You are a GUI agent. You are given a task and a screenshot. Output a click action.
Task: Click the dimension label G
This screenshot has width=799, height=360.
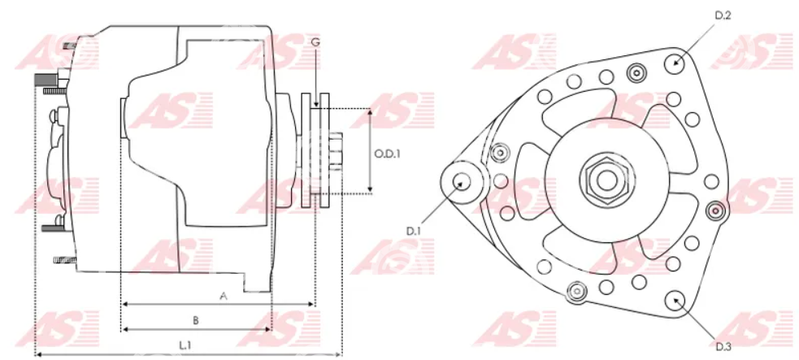click(x=316, y=41)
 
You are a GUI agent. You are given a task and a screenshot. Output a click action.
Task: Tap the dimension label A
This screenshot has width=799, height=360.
click(x=222, y=295)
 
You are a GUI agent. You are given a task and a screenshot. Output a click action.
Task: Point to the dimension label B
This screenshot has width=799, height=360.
click(x=195, y=320)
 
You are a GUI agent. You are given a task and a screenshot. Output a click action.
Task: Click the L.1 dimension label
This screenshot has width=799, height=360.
click(x=185, y=345)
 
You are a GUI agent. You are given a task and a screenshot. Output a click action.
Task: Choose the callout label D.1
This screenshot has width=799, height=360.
click(x=413, y=231)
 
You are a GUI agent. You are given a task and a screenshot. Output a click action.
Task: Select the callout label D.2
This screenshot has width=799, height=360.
click(x=723, y=15)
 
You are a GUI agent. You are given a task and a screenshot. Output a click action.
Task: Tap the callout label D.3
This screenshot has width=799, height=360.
click(x=723, y=347)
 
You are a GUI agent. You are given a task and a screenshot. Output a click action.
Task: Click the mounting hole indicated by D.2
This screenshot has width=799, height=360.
click(x=676, y=63)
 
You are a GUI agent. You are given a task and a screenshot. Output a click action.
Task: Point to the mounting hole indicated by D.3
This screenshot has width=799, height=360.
click(x=675, y=301)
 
